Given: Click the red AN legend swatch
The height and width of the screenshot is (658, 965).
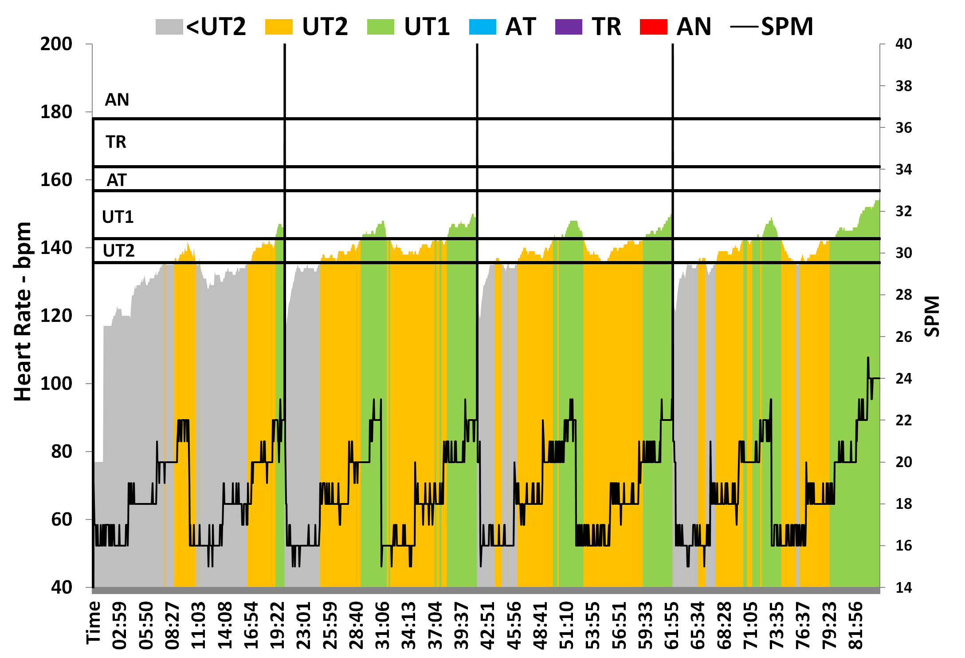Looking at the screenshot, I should coord(653,27).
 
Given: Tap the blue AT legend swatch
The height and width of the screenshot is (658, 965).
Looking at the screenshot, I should coord(482,27).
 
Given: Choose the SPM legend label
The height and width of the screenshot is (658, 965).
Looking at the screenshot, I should coord(787,27).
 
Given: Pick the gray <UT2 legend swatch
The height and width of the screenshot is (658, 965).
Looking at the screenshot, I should coord(169,27).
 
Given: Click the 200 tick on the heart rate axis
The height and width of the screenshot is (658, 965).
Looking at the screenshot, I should coord(56,44).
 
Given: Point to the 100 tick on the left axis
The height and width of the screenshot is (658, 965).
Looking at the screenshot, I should coord(56,384).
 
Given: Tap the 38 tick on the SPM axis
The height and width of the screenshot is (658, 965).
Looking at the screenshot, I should coord(903,86).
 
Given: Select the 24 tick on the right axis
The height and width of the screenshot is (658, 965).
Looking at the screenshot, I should coord(903,379).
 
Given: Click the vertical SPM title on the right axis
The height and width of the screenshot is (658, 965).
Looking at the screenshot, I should coord(932,316).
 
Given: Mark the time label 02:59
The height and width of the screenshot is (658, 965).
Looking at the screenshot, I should coord(120,625).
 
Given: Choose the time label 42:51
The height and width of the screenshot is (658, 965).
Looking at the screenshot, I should coord(488,625).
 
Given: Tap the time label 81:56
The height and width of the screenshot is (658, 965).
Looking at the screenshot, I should coord(856,625).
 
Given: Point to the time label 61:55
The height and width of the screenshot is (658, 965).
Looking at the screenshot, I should coord(672,625).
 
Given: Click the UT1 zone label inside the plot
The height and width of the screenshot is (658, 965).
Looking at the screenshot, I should coord(118,217).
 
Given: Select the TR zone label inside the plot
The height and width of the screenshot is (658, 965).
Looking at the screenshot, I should coord(116,142).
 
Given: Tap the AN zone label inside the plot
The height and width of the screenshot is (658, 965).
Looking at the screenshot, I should coord(117,100).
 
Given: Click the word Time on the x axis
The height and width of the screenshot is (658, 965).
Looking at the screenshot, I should coord(94,622).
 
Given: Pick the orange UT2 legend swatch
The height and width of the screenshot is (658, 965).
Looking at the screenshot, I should coord(279,27).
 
